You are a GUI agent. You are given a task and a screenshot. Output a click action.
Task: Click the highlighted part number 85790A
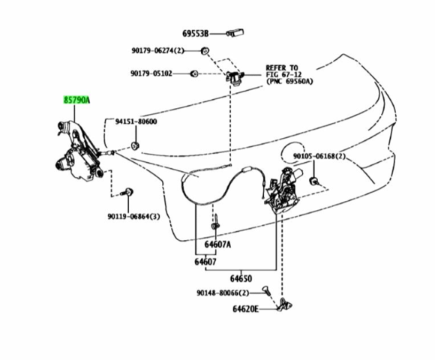coord(76,100)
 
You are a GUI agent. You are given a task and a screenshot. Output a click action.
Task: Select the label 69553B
coord(195,34)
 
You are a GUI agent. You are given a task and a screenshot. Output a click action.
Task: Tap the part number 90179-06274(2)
coord(157,51)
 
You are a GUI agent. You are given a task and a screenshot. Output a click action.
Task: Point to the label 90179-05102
coord(151,73)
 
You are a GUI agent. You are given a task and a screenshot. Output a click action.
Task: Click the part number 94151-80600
coord(136,121)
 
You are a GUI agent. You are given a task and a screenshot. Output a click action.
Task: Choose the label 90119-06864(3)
coord(133,216)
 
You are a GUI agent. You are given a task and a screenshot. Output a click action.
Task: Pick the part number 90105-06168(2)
coord(319,157)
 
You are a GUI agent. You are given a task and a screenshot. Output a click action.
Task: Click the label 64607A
coord(217,244)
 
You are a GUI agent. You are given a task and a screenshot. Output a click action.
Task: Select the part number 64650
coord(241,278)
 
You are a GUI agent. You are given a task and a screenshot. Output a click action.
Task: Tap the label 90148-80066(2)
coord(223,293)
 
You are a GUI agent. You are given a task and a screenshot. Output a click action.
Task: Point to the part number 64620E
coord(245,309)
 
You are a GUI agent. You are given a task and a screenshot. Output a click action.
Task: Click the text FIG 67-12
coord(283,74)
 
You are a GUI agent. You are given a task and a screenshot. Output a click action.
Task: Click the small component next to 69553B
coord(235,33)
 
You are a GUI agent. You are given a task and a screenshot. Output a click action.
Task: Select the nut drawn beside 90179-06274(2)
coord(205,51)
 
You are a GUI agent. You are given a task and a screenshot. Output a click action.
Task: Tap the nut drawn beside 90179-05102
coord(193,73)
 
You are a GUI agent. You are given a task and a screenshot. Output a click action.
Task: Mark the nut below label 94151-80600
coord(135,145)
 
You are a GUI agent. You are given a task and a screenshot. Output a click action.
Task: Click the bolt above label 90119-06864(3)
coord(127,192)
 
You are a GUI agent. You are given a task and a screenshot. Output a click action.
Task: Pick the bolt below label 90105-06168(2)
coord(314,181)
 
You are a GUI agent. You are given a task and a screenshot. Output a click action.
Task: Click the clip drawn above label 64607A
coord(215,223)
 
